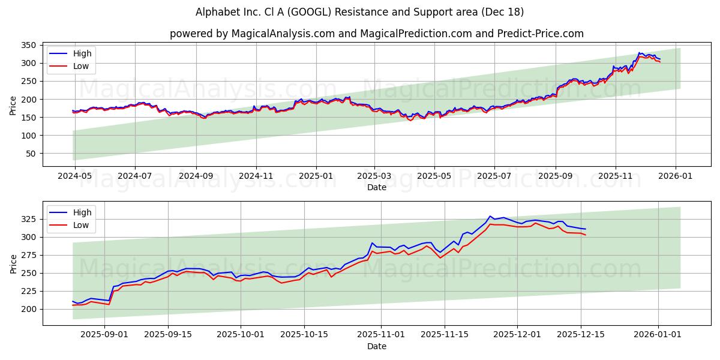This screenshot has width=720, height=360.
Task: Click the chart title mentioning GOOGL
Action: (x=359, y=12)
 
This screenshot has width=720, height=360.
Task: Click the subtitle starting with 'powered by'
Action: (x=376, y=34)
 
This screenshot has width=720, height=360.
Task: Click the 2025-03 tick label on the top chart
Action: (x=374, y=176)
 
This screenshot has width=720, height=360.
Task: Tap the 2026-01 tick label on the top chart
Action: (x=676, y=176)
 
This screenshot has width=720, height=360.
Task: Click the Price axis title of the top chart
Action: (x=13, y=104)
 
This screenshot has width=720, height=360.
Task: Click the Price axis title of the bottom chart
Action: (x=13, y=263)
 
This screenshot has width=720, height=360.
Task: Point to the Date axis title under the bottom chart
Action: (x=376, y=346)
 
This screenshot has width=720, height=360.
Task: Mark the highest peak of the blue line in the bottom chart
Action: (x=490, y=216)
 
